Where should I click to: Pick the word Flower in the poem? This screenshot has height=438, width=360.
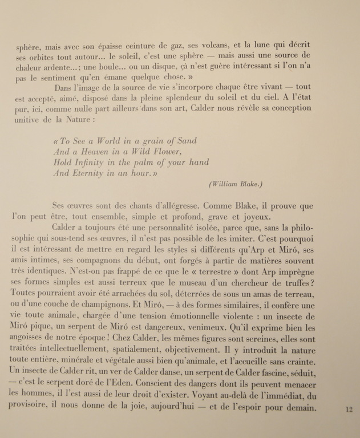click(165, 152)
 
